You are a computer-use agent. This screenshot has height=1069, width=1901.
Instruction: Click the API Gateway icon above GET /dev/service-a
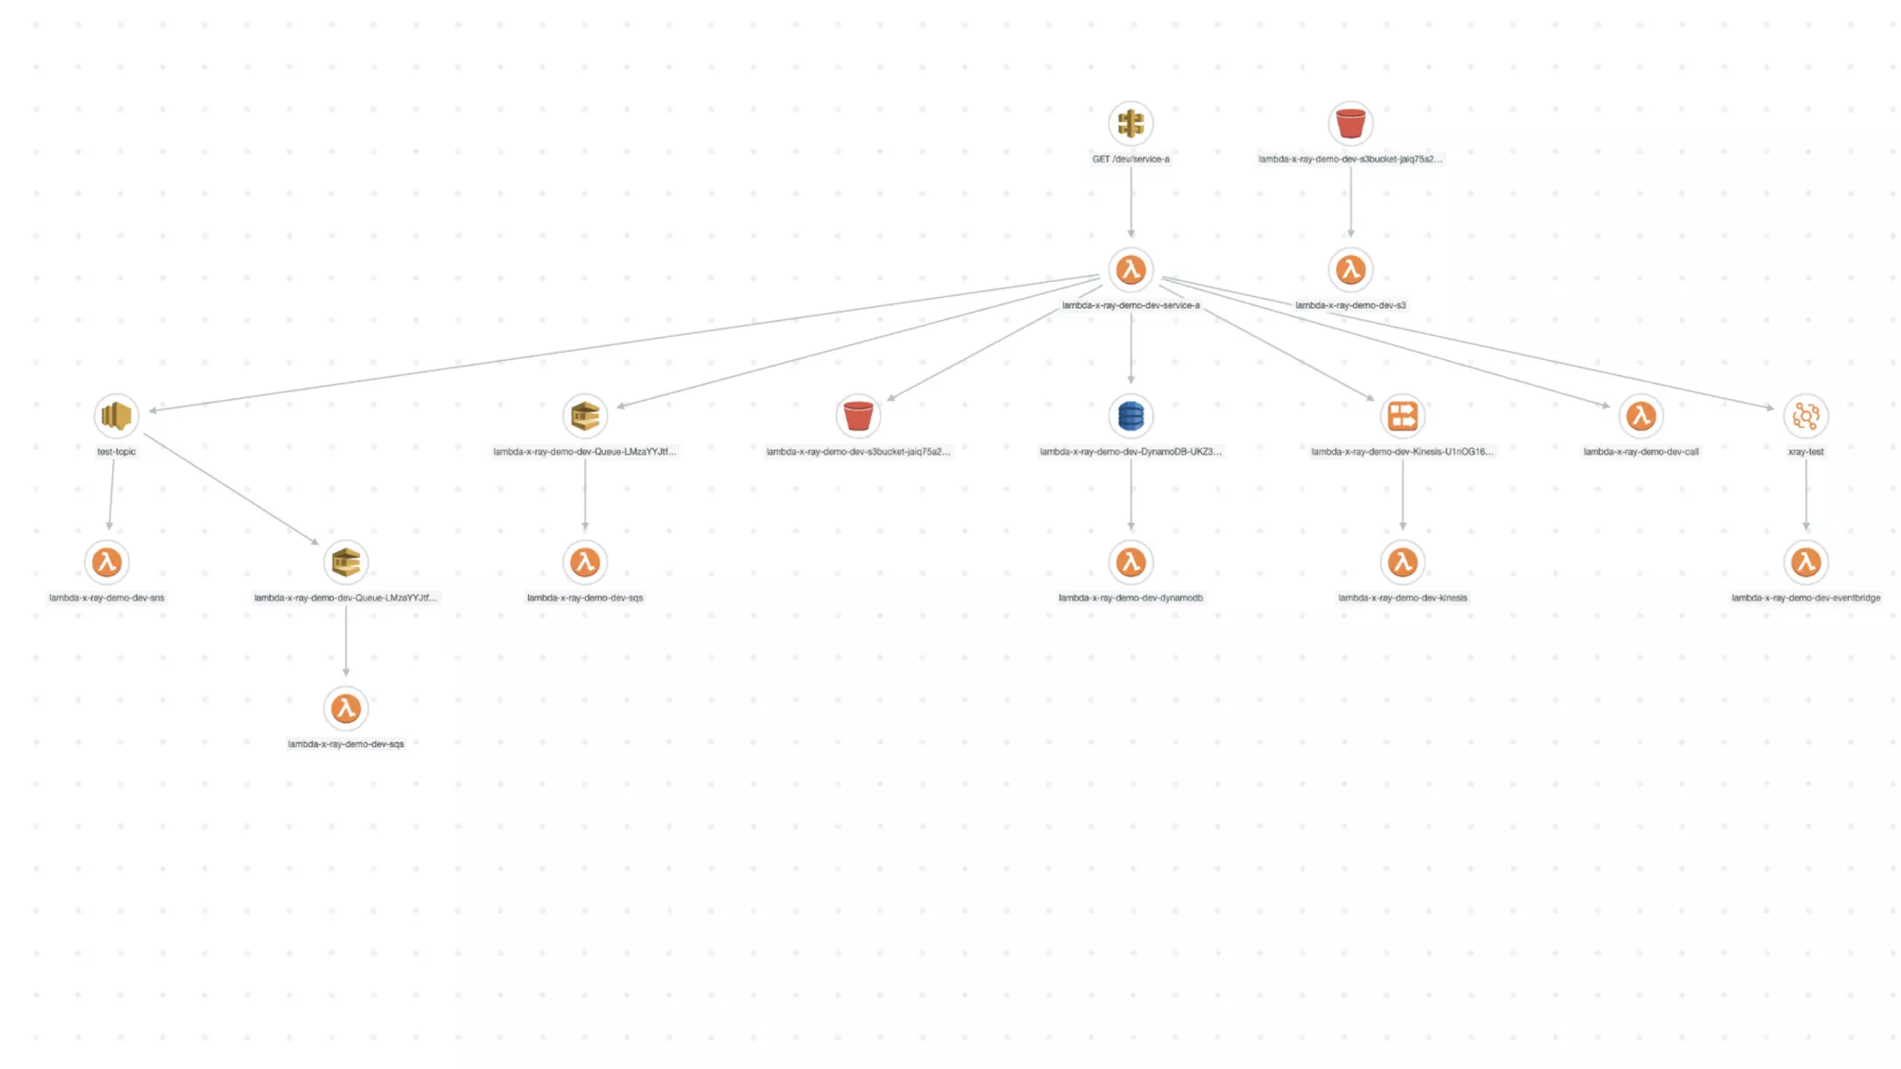click(1131, 123)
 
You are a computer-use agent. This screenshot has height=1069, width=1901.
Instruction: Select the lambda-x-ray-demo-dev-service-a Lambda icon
click(1131, 270)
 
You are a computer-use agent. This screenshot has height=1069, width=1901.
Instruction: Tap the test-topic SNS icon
click(116, 416)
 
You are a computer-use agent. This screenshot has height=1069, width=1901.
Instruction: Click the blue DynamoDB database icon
click(1131, 416)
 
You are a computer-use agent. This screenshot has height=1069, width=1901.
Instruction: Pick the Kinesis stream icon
click(1403, 416)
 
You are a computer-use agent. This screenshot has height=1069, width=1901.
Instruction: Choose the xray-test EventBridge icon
click(1805, 416)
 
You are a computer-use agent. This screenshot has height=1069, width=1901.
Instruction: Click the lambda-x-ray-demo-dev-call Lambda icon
click(1641, 416)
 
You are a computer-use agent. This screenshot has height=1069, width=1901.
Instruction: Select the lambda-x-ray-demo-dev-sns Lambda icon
click(107, 562)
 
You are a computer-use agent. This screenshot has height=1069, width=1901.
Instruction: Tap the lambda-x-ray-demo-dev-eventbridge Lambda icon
click(1805, 562)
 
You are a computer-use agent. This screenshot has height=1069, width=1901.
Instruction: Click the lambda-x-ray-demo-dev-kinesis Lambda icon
click(1403, 562)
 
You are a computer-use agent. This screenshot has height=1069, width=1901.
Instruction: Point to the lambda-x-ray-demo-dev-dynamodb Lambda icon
click(1131, 562)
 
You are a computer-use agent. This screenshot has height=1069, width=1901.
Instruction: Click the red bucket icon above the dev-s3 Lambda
click(1351, 123)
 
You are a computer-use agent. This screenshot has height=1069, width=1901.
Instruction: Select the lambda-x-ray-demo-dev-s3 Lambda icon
click(1351, 270)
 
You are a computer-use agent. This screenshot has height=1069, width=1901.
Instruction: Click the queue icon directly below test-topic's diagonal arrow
click(346, 562)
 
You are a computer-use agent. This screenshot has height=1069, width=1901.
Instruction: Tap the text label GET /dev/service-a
click(1131, 160)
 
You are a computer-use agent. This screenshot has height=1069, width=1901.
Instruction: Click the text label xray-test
click(1805, 452)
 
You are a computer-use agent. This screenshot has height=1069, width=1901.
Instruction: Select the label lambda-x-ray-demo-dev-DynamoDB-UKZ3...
click(1131, 452)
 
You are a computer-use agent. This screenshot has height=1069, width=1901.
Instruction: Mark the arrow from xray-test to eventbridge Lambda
click(1805, 495)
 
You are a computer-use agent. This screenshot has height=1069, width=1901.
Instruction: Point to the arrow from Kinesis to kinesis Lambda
click(1403, 495)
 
